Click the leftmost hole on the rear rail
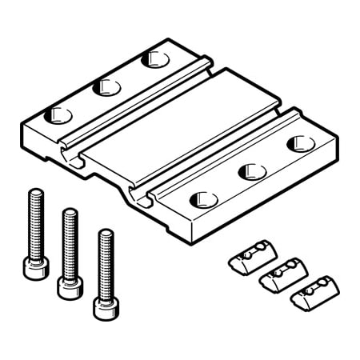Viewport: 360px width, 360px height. pyautogui.click(x=60, y=114)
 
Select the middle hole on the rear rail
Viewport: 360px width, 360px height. pyautogui.click(x=106, y=86)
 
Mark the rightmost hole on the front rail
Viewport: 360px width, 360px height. pyautogui.click(x=300, y=143)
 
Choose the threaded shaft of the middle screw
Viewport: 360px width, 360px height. pyautogui.click(x=70, y=240)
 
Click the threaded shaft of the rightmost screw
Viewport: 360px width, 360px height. pyautogui.click(x=104, y=260)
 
